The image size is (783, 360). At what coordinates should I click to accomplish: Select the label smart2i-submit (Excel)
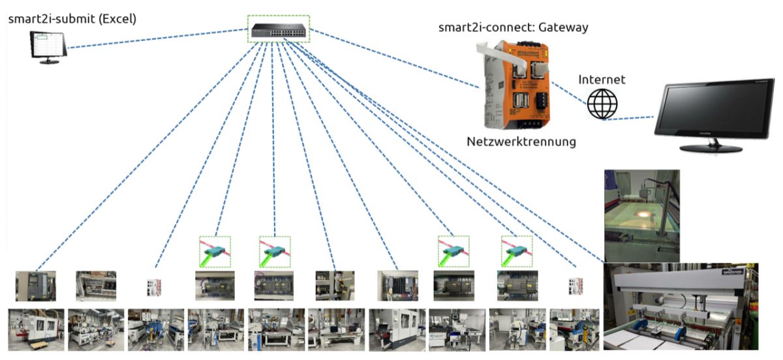pos(72,18)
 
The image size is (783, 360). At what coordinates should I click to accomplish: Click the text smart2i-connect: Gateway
pos(514,27)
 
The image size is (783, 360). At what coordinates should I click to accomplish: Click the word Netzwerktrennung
pos(521,141)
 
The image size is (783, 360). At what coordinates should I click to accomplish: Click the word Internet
pos(602,80)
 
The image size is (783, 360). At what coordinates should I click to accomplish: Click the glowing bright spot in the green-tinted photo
pos(643,215)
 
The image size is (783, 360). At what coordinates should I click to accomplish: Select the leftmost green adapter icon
pos(214,251)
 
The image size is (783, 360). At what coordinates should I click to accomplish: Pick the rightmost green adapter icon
pos(516,251)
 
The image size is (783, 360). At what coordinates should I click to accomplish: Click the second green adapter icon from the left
pos(274,251)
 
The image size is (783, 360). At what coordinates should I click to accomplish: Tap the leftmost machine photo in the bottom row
pos(36,329)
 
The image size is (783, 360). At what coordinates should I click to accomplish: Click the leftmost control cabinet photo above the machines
pos(36,286)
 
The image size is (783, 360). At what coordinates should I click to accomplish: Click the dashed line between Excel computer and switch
pos(157,38)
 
